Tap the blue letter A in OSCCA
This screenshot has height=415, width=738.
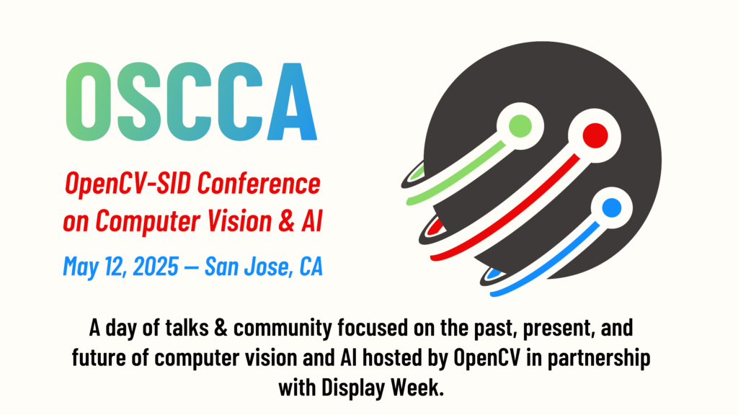293,102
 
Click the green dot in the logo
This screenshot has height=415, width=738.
520,127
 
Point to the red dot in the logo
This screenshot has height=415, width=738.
595,135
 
